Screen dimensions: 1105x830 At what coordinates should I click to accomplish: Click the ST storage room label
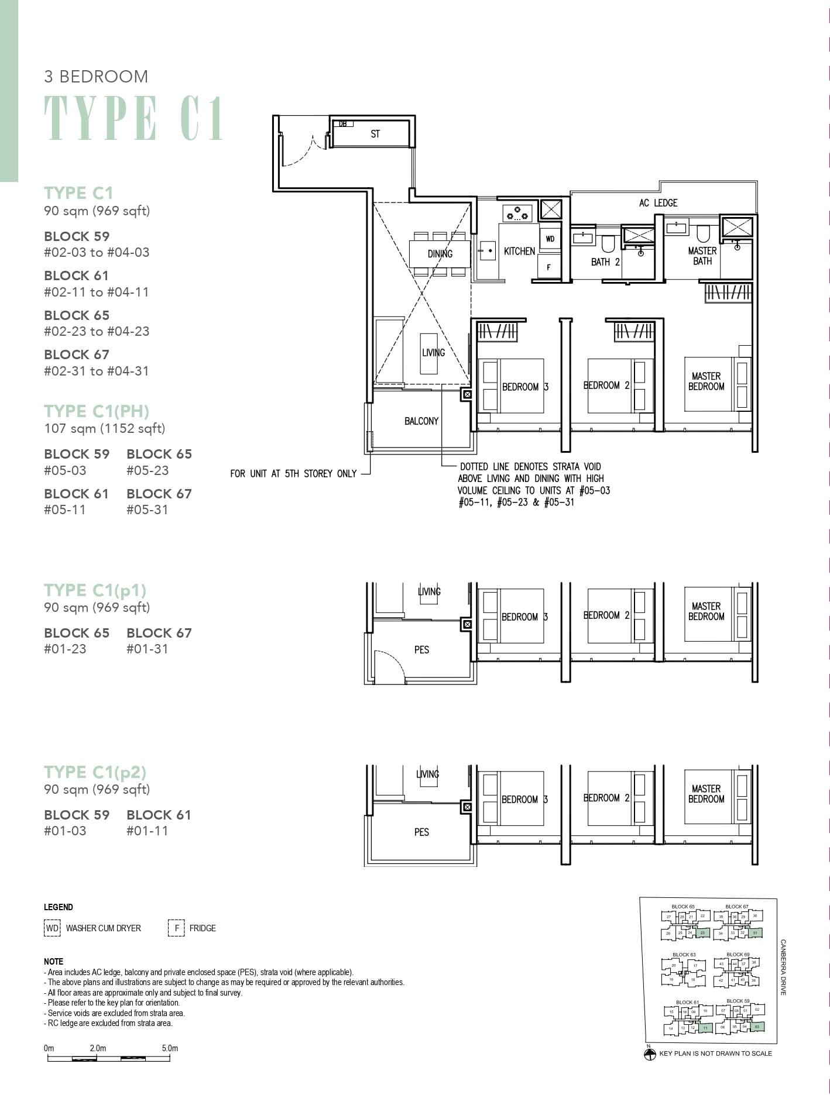click(x=375, y=134)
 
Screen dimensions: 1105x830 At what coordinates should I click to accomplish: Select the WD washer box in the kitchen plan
click(x=550, y=239)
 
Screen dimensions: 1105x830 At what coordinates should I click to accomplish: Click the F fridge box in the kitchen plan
click(x=548, y=267)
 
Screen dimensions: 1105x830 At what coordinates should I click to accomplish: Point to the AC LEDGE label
click(x=658, y=203)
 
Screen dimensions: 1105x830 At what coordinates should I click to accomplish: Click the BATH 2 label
click(x=605, y=262)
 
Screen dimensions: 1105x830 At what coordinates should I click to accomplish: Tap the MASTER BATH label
click(x=702, y=256)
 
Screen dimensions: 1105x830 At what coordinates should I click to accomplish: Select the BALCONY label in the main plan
click(x=421, y=421)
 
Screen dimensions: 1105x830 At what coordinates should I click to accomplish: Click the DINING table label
click(x=440, y=254)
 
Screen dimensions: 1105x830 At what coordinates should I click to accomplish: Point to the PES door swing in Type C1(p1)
click(x=389, y=666)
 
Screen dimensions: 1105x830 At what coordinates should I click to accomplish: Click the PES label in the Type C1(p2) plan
click(x=421, y=832)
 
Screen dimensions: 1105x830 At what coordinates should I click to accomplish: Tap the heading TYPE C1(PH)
click(x=97, y=411)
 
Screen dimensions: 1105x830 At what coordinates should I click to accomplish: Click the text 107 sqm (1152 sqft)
click(x=105, y=429)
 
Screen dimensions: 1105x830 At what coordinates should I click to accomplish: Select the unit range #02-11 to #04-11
click(x=97, y=292)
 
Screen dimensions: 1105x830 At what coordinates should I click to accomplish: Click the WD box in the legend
click(x=52, y=928)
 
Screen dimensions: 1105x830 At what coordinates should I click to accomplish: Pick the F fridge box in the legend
click(x=176, y=928)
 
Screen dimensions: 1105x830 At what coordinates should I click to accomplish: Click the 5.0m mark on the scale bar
click(x=170, y=1048)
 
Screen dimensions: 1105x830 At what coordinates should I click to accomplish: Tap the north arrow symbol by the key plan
click(x=649, y=1055)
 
